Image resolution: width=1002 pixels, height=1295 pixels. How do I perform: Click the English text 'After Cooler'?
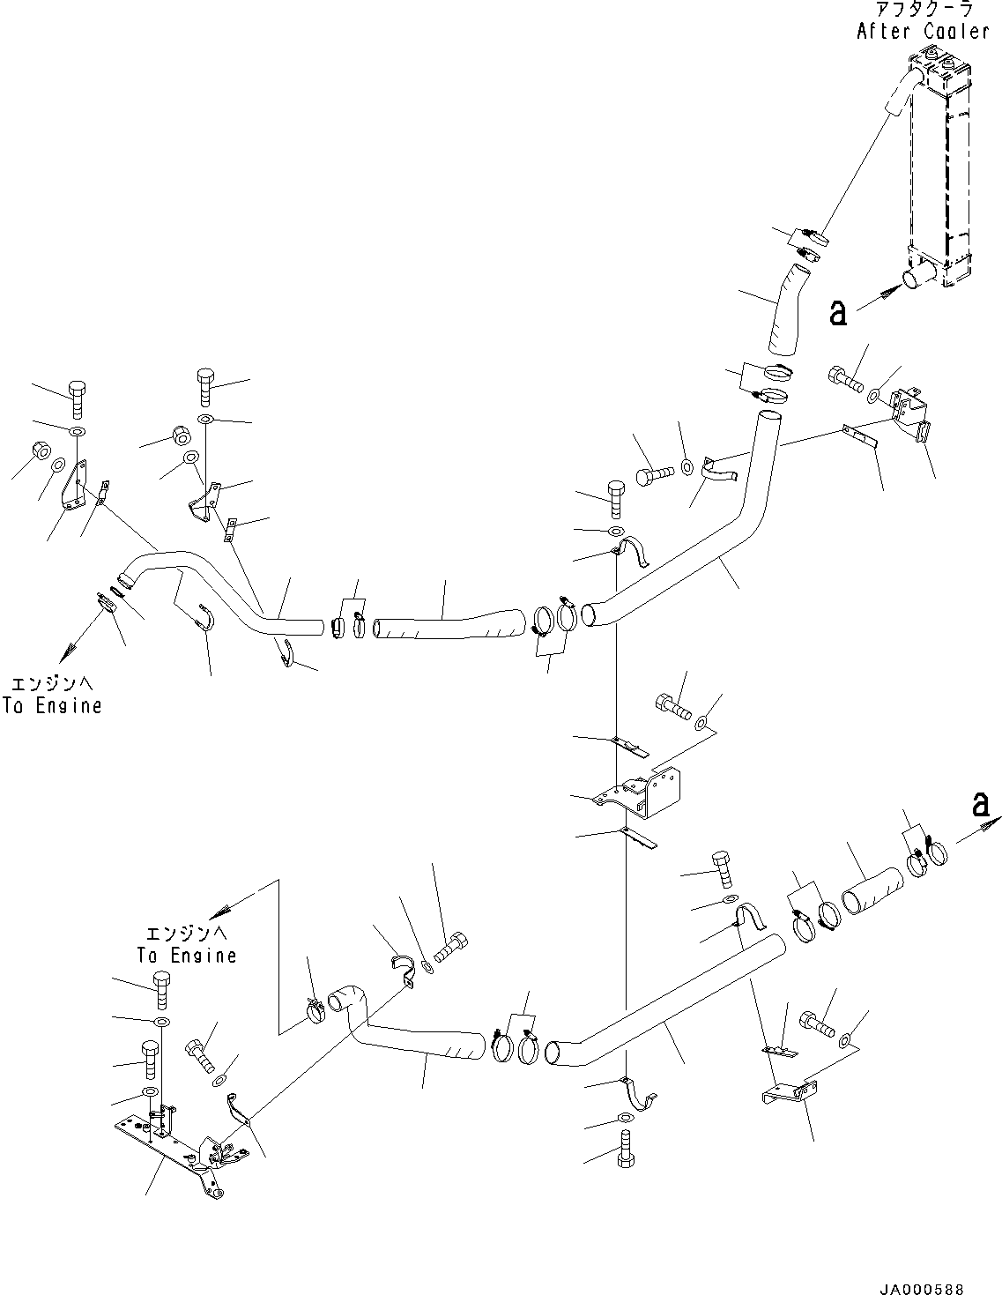pyautogui.click(x=923, y=32)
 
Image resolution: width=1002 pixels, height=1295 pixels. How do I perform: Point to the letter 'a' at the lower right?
pyautogui.click(x=979, y=804)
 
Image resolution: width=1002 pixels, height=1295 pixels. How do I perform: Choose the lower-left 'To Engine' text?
pyautogui.click(x=186, y=956)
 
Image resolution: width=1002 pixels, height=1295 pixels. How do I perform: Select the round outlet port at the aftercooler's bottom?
pyautogui.click(x=912, y=278)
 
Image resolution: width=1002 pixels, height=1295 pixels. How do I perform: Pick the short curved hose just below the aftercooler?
pyautogui.click(x=782, y=313)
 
